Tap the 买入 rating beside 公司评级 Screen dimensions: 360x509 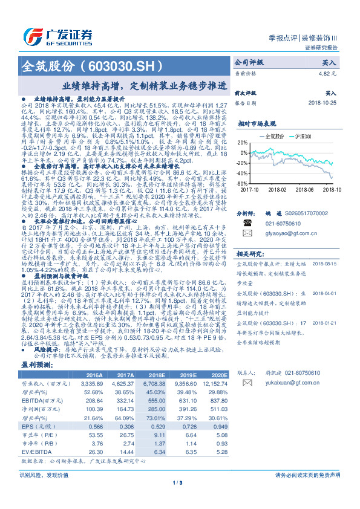(329, 62)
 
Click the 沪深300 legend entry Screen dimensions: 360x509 (305, 137)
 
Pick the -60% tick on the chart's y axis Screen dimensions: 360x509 (241, 184)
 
